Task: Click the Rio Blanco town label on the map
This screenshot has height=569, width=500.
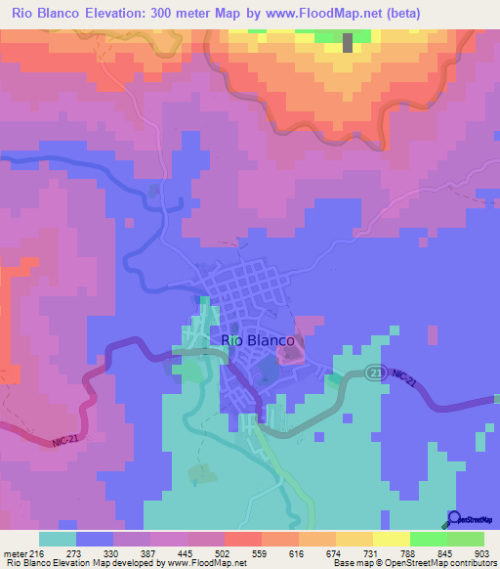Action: tap(258, 340)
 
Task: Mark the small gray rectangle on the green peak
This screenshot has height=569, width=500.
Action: tap(348, 42)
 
